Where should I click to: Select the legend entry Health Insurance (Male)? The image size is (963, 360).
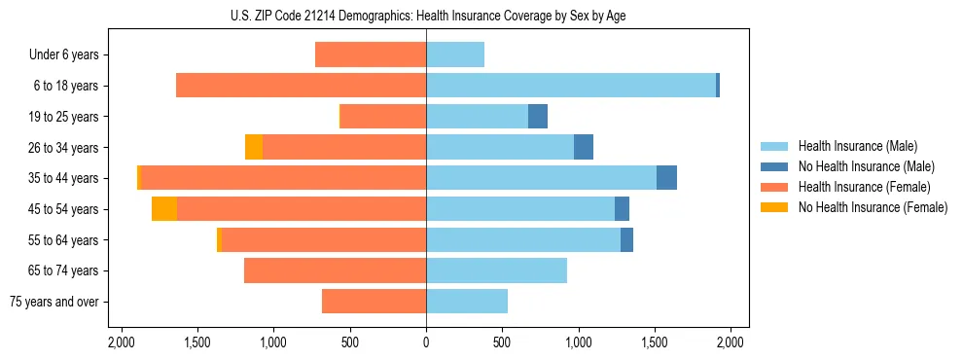(x=857, y=146)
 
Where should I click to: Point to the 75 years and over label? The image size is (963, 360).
(x=53, y=302)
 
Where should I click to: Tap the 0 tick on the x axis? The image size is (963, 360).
(x=426, y=342)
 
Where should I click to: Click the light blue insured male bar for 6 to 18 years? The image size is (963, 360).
(x=570, y=86)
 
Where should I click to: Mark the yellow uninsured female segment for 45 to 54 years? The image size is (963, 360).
(x=164, y=209)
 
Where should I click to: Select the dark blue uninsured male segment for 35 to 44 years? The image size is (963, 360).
(x=666, y=178)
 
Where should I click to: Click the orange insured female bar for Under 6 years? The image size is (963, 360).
(x=371, y=54)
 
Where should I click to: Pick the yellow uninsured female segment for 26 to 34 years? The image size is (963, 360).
(x=254, y=147)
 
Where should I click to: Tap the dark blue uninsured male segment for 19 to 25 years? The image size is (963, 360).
(x=538, y=117)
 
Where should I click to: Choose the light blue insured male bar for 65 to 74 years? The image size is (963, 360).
(x=496, y=270)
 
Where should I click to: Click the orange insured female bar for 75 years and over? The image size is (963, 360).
(x=374, y=302)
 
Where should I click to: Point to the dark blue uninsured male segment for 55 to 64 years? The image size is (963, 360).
(x=626, y=239)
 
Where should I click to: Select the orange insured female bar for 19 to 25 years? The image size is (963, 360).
(x=382, y=117)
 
